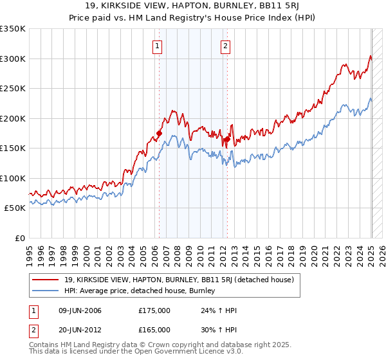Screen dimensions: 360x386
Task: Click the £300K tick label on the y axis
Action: pos(13,59)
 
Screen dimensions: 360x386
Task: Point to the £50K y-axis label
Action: pos(15,208)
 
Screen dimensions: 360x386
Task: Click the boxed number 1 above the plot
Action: pos(158,46)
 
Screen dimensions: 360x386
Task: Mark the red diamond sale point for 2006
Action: pos(159,134)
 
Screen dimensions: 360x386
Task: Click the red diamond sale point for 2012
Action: pos(227,139)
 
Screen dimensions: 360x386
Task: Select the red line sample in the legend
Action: pos(46,280)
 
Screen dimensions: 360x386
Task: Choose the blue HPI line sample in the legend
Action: pos(46,291)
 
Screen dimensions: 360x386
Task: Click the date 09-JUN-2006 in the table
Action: pos(79,310)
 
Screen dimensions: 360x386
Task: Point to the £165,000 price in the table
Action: pos(154,329)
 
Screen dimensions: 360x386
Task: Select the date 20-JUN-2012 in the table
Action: pos(79,329)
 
